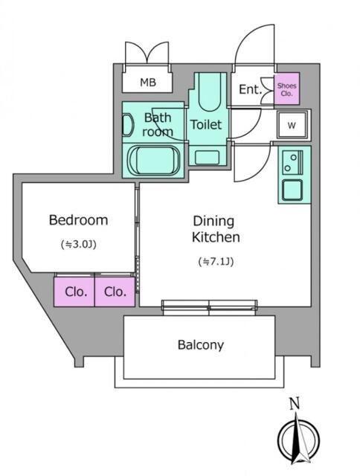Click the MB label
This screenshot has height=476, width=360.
pos(148,83)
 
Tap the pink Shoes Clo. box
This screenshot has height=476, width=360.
pos(287,89)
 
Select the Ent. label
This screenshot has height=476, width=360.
pos(250,89)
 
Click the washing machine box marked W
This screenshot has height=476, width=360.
pos(292,125)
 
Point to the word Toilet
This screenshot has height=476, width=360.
pos(206,124)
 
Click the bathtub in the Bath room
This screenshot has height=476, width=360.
pos(154,161)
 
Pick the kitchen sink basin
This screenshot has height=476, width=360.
pos(292,190)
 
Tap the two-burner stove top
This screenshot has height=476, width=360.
pos(292,162)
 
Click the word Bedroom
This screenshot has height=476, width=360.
pos(78,220)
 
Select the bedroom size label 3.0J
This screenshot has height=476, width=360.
pos(79,245)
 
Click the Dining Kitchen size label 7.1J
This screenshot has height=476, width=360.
pos(216,262)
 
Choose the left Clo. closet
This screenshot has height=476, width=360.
pos(74,292)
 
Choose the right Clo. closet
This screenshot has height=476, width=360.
pos(115,292)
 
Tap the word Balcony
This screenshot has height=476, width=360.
pos(201,345)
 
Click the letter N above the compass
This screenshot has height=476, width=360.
pos(295,403)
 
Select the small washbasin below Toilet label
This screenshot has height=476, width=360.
pos(207,158)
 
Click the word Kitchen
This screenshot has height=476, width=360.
pos(216,237)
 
